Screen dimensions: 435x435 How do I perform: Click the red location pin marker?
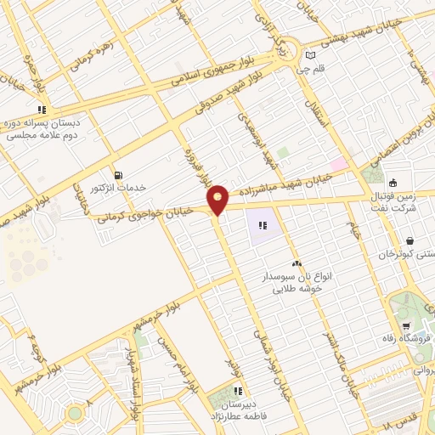coord(217,200)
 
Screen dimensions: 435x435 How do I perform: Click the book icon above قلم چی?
coord(311,57)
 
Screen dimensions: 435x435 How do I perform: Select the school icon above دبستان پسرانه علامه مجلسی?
coord(41,110)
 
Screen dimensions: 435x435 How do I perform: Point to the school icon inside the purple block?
coord(263,225)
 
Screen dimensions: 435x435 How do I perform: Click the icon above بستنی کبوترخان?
coord(410,240)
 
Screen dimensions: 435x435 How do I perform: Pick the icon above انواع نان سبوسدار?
coord(297,264)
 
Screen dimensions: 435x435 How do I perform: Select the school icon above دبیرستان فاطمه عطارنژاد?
coord(238,391)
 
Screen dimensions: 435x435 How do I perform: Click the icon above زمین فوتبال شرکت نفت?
coord(393,182)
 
